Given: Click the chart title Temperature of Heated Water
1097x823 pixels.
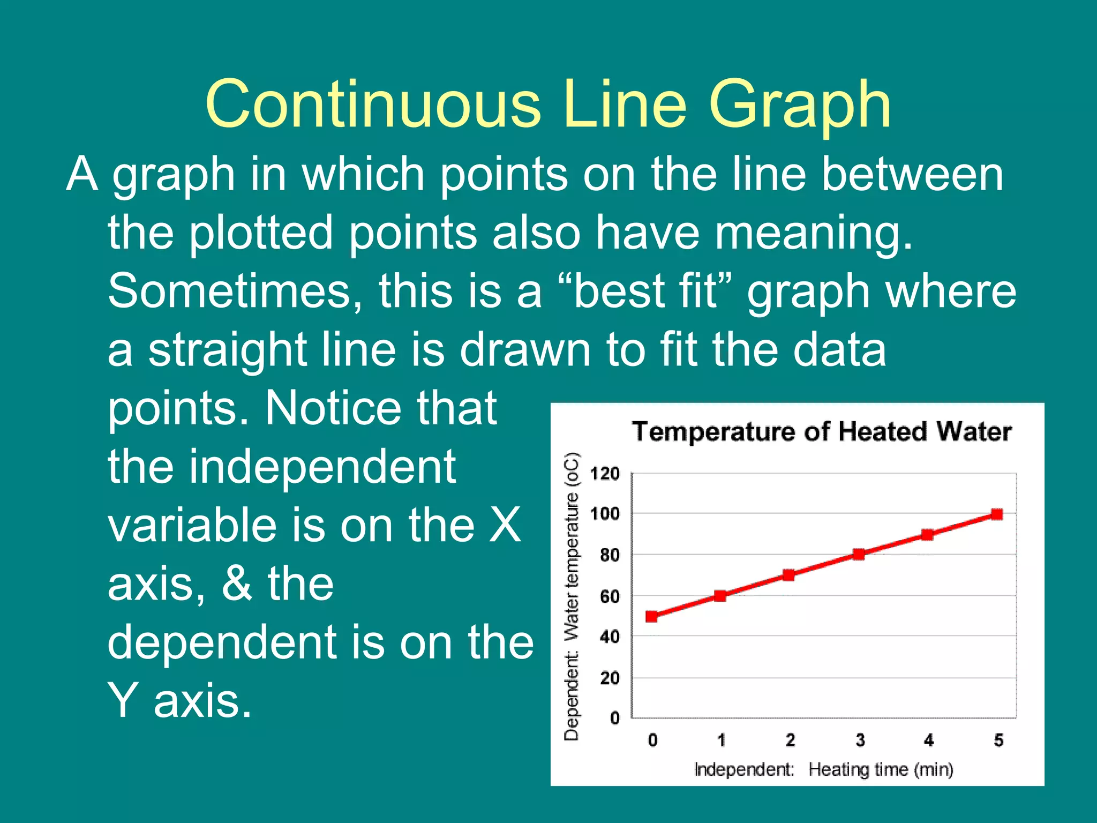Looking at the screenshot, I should (x=822, y=432).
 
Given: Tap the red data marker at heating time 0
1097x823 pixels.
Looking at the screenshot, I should (x=651, y=616).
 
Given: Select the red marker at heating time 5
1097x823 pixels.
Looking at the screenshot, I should (x=997, y=514).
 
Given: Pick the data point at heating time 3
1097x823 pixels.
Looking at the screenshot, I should (x=859, y=555).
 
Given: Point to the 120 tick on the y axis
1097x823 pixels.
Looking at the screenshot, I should (x=605, y=474).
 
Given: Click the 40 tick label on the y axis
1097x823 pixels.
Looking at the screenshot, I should (x=610, y=637).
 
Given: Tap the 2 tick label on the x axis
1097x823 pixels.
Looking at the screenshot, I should (x=790, y=740).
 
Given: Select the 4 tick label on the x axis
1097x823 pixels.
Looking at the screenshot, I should (x=928, y=740).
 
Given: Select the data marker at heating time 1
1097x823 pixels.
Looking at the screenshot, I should (x=720, y=596).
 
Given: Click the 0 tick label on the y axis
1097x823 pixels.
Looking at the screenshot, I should (x=614, y=718).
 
